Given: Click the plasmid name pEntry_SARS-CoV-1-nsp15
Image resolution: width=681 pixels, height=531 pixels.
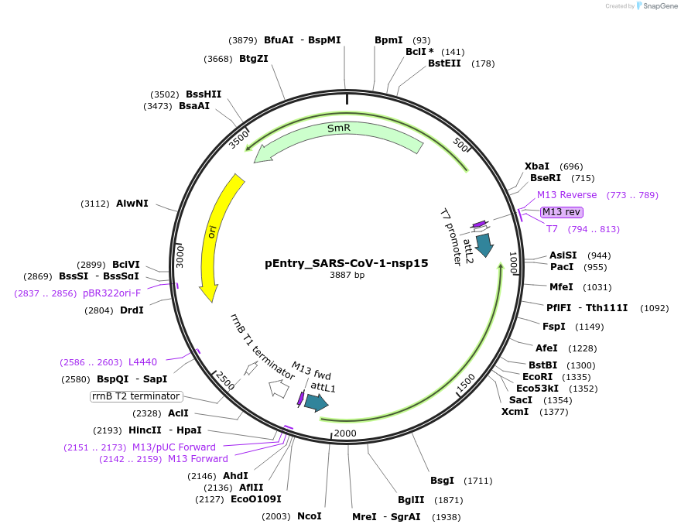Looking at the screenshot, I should [x=346, y=262].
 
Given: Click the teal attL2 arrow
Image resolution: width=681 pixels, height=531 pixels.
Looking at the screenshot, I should [x=484, y=245].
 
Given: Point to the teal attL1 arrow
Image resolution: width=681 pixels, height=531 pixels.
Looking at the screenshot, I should [x=316, y=402].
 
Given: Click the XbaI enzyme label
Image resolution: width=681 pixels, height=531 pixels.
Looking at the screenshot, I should [x=537, y=166].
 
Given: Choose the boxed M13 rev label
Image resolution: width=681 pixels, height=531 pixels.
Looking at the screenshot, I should [x=562, y=212].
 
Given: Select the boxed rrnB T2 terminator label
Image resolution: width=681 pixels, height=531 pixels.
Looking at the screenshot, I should [x=136, y=396].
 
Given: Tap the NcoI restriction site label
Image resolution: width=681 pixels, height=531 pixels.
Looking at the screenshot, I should [x=309, y=516].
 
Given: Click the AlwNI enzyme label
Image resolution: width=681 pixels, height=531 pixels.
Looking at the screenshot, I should [x=132, y=204].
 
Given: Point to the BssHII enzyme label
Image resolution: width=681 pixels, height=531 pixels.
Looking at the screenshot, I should [x=204, y=94].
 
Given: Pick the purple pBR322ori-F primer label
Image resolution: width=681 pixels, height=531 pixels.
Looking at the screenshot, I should [x=112, y=293].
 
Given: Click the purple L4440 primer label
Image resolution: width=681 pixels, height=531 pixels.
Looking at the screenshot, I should [x=142, y=361].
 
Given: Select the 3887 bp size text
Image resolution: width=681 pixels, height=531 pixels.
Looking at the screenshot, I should [x=347, y=275].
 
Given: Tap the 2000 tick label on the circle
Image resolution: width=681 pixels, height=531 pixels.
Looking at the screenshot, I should [x=345, y=433].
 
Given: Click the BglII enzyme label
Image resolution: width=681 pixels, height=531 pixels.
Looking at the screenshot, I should [x=411, y=500].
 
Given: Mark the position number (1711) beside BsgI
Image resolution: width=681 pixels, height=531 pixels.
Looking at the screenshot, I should [x=477, y=481].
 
